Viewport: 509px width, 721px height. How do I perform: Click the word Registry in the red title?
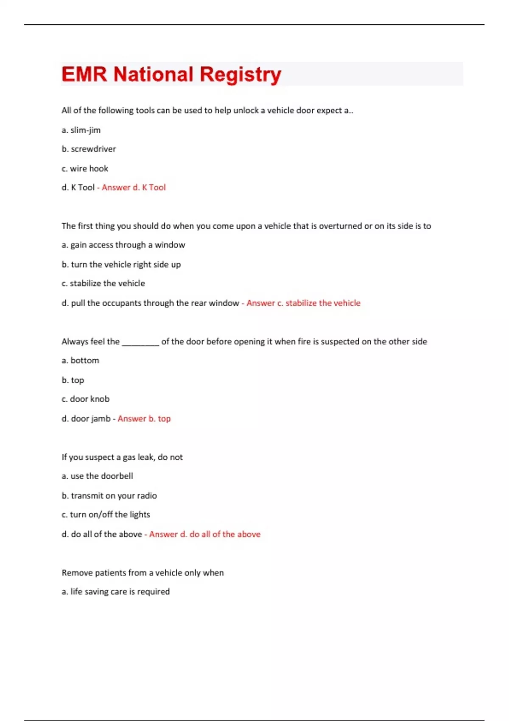pos(240,75)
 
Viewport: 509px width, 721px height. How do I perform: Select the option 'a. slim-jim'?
pos(81,130)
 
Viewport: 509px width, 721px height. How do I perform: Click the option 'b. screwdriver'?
pos(89,149)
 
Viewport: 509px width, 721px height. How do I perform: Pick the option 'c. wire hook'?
pos(85,168)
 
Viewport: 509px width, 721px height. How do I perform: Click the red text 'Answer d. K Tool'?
pos(134,187)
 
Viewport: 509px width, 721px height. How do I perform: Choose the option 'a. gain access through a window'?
pos(123,245)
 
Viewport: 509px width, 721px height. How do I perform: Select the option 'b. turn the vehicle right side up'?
pos(121,265)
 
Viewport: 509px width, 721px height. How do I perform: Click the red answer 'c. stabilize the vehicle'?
pos(304,303)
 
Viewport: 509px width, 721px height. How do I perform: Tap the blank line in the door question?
pos(140,342)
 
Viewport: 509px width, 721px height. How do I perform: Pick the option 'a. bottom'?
pos(80,360)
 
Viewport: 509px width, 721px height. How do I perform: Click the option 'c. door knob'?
pos(85,399)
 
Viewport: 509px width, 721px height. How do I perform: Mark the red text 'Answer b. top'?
pos(144,419)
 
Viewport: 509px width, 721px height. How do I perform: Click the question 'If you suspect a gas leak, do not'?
pos(122,457)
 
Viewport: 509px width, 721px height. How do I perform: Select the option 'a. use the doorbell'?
pos(97,476)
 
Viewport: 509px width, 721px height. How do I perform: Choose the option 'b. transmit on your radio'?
pos(109,496)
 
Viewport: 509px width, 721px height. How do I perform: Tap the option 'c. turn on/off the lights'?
pos(106,514)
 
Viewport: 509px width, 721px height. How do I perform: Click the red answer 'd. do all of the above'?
pos(205,534)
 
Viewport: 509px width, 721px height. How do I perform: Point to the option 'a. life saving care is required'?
pos(115,592)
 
